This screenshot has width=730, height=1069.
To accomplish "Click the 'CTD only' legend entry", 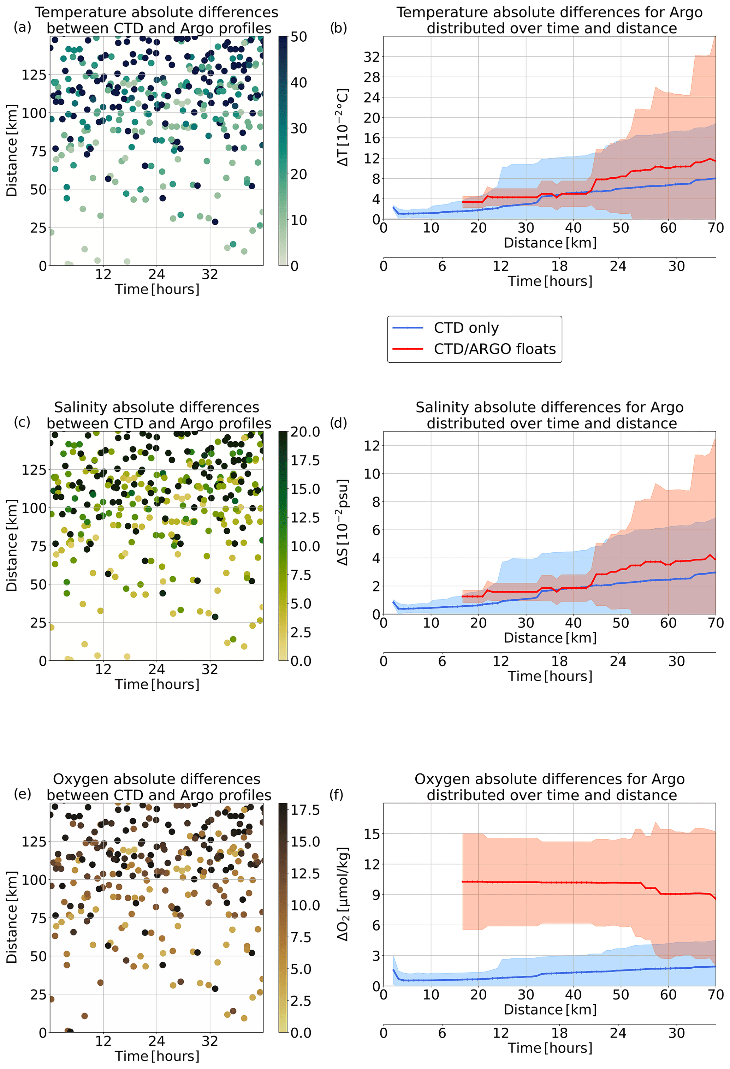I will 465,328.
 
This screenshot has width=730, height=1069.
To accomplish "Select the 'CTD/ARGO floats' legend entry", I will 494,349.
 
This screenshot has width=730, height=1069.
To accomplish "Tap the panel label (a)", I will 23,28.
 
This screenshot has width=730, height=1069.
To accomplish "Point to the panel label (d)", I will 339,423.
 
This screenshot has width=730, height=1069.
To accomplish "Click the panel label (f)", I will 337,794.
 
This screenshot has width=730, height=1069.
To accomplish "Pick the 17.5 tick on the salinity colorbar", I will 305,461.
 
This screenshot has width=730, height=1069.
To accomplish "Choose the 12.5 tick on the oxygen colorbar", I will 305,873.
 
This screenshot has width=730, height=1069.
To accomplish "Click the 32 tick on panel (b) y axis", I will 372,57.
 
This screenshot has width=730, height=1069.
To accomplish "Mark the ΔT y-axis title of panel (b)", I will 343,127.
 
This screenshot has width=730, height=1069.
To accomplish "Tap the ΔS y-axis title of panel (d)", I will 343,523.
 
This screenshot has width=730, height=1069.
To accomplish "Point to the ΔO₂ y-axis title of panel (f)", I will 343,894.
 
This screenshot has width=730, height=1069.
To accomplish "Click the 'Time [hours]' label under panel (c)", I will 157,684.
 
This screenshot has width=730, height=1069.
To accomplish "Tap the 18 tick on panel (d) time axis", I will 559,661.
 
